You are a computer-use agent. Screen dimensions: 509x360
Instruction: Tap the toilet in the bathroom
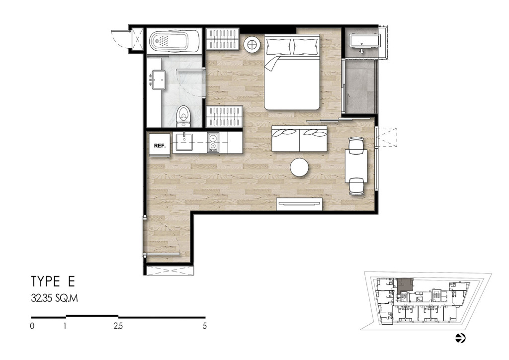(x=183, y=117)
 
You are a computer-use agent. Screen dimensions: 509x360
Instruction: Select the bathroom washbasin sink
(x=158, y=80)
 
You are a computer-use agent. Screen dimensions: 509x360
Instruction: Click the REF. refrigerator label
(x=160, y=146)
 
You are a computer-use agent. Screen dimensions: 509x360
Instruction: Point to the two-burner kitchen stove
(x=213, y=143)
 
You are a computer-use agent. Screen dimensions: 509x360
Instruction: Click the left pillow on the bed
(x=278, y=47)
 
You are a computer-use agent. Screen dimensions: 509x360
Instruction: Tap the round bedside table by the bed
(x=252, y=44)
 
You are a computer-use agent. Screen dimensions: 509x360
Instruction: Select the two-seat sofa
(x=299, y=139)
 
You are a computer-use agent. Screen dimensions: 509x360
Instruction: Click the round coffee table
(x=299, y=167)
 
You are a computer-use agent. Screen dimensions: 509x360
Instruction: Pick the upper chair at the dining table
(x=356, y=145)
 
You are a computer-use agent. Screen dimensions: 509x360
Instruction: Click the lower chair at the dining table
(x=356, y=186)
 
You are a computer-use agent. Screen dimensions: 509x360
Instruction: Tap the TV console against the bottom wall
(x=300, y=204)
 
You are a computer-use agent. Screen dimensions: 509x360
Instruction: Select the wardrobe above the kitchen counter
(x=225, y=116)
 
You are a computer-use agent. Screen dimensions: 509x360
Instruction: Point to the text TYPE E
(x=53, y=281)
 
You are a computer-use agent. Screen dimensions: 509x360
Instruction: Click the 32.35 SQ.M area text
(x=55, y=299)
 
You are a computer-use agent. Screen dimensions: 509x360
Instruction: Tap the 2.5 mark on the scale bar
(x=118, y=326)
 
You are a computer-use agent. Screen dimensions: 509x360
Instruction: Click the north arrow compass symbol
(x=460, y=338)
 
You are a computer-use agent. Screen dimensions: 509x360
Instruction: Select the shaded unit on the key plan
(x=404, y=285)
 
